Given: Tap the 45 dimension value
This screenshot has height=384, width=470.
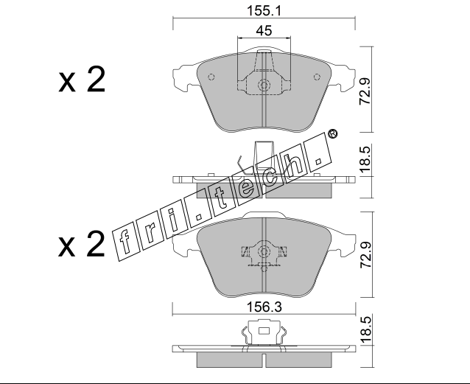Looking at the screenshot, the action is (264, 31).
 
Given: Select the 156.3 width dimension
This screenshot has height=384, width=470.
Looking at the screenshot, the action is (264, 307).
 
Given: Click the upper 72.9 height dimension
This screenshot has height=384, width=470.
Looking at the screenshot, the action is (365, 91).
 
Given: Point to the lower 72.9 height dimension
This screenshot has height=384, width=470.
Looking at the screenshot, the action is (365, 255).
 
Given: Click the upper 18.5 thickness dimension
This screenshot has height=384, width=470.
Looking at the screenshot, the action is (365, 160).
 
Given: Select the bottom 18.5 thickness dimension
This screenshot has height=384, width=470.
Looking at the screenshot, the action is (365, 329).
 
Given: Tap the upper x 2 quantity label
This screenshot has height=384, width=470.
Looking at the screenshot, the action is (82, 80).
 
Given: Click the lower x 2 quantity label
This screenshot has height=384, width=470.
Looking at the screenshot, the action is (82, 244).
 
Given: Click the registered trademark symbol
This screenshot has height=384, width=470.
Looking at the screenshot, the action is (333, 133).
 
